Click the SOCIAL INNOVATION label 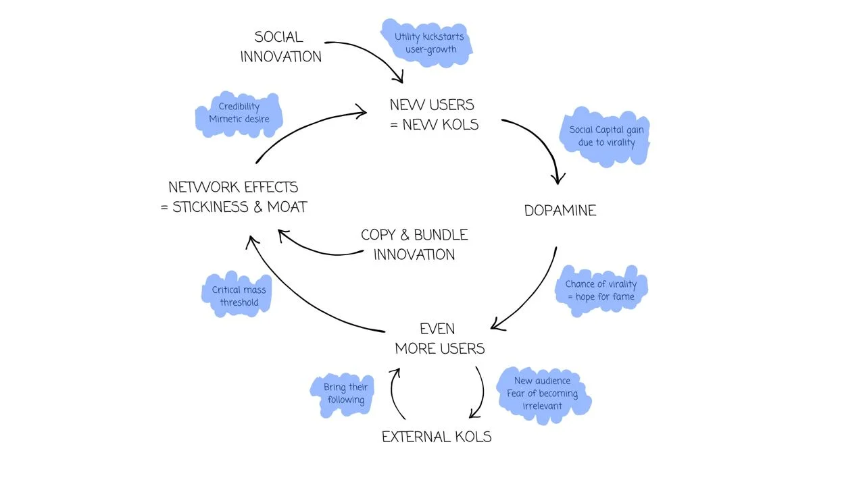click(x=280, y=47)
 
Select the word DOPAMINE click(x=560, y=211)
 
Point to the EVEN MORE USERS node click(x=439, y=339)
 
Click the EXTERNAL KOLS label click(x=437, y=437)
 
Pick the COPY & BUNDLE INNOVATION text click(x=414, y=244)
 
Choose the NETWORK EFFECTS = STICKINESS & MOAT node click(x=234, y=196)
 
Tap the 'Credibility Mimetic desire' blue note click(x=239, y=113)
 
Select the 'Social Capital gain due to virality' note click(x=605, y=136)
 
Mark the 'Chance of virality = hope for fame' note click(x=601, y=290)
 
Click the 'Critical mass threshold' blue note click(x=239, y=296)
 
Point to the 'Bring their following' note click(x=345, y=394)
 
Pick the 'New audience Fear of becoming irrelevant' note click(x=542, y=394)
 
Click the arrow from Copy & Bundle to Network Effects click(x=318, y=251)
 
